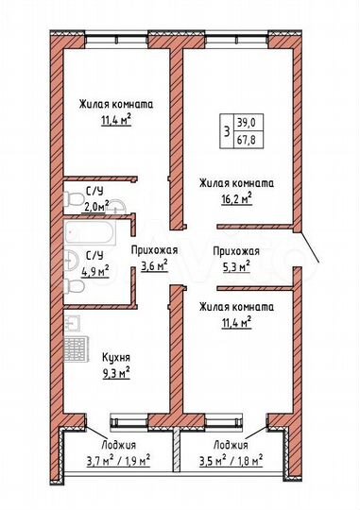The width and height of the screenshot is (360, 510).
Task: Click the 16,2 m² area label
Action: point(234,199)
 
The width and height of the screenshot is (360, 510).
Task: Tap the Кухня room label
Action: point(116,357)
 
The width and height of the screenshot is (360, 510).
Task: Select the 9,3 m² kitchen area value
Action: point(116,373)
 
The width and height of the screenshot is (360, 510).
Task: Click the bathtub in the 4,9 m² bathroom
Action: point(95,230)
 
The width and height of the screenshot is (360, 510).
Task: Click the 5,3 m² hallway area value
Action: point(236,266)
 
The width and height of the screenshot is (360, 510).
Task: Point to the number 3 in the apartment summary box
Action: point(225,130)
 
